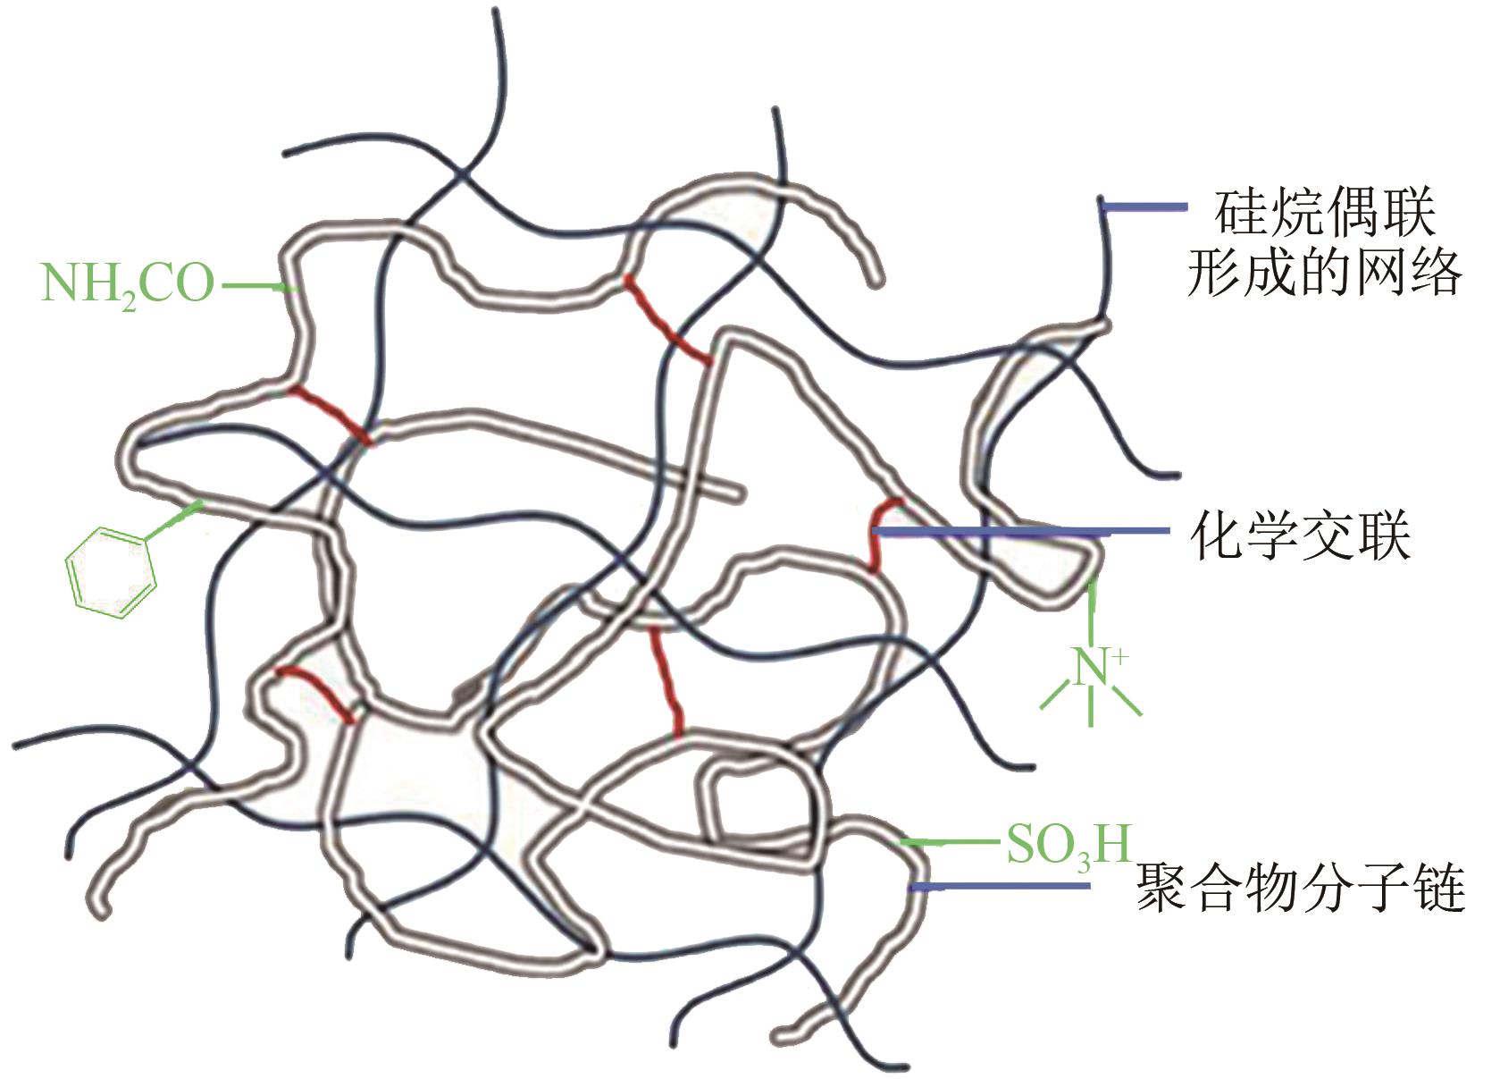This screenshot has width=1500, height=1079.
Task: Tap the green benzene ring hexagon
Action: coord(111,572)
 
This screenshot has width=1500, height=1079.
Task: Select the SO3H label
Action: coord(1068,844)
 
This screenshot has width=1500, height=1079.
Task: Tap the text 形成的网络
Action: coord(1325,272)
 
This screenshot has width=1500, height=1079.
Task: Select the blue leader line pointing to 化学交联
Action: coord(1018,532)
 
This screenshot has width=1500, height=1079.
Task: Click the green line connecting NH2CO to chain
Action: coord(256,287)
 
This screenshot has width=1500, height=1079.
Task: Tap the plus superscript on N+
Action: coord(1119,657)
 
